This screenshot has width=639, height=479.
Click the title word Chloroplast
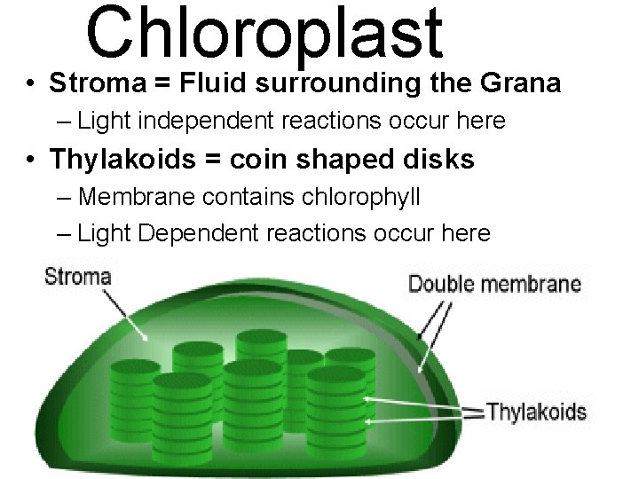click(x=264, y=34)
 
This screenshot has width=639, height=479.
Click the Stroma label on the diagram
click(x=78, y=276)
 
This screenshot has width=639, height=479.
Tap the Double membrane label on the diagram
click(x=494, y=285)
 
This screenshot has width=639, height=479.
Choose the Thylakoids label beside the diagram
click(x=536, y=412)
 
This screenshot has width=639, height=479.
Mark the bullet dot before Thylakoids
click(x=31, y=161)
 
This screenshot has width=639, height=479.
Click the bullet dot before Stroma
click(x=31, y=84)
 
